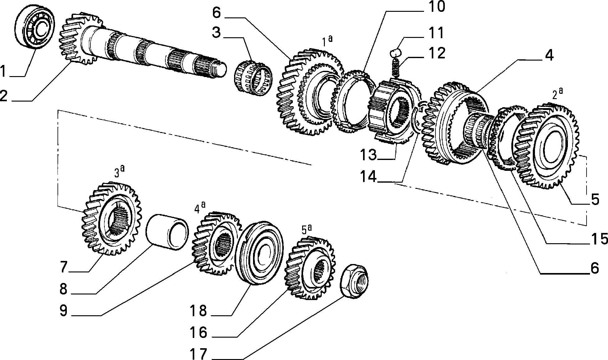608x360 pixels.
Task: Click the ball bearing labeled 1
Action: (x=35, y=27)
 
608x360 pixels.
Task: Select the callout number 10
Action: (x=434, y=7)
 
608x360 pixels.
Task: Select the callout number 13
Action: (x=369, y=155)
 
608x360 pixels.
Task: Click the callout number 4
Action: (x=549, y=56)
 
